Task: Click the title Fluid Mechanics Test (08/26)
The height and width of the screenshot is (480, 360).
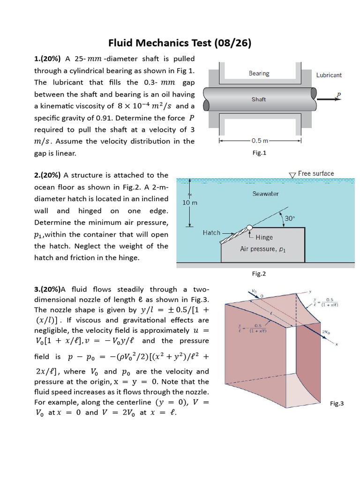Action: coord(180,44)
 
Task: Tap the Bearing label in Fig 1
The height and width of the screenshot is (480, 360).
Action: coord(259,74)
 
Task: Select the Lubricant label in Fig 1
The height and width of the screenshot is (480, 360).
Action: coord(329,75)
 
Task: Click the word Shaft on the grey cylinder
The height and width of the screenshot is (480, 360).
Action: coord(259,99)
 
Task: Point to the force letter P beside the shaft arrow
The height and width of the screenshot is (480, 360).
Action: coord(339,95)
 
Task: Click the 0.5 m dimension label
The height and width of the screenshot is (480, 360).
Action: coord(260,141)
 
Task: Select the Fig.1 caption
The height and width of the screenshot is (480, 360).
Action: coord(259,153)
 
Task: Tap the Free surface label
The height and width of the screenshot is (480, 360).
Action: coord(316,173)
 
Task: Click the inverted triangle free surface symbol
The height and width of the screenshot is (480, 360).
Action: coord(292,175)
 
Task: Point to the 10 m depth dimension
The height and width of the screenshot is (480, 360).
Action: coord(190,203)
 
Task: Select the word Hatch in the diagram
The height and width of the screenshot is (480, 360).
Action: coord(211,232)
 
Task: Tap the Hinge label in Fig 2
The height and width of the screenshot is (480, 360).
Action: coord(264,237)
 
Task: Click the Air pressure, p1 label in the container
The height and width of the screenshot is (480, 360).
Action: coord(262,249)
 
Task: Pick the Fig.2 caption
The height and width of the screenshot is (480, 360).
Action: coord(259,274)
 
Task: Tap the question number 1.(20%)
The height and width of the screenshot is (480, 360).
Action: coord(47,59)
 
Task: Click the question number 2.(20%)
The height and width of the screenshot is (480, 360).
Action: coord(47,175)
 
